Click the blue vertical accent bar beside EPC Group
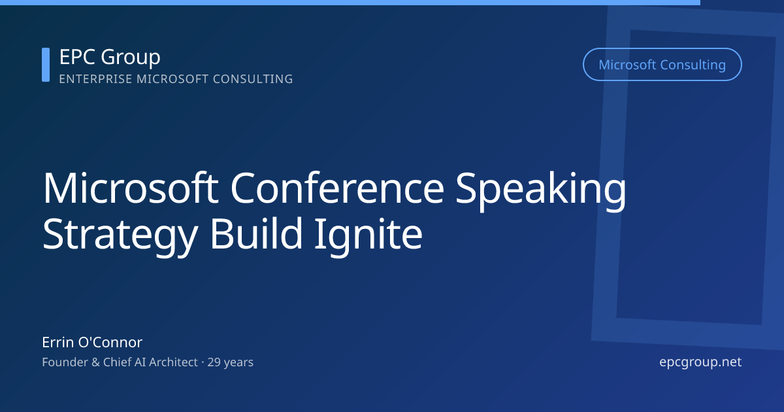(x=46, y=65)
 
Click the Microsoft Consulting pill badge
(x=662, y=65)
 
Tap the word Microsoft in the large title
(x=129, y=188)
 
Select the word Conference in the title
(x=336, y=188)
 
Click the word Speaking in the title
(x=541, y=190)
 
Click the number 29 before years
(x=214, y=362)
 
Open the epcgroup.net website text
(x=700, y=362)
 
